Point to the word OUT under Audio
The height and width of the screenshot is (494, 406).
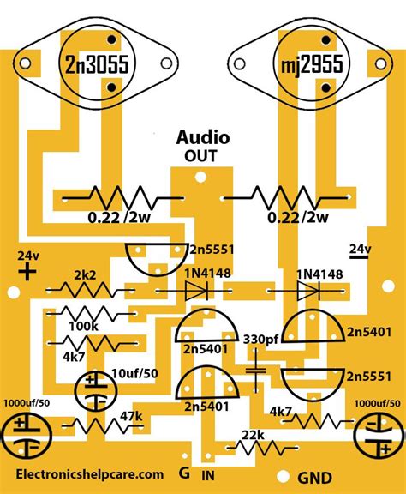(x=200, y=156)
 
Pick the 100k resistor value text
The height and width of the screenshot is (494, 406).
(x=82, y=327)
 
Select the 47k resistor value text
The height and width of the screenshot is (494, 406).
(x=130, y=415)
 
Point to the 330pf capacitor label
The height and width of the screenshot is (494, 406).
(x=260, y=340)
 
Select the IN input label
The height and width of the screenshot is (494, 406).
(x=209, y=474)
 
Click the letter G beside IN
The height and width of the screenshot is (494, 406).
(x=183, y=473)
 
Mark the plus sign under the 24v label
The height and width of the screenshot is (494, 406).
(x=27, y=273)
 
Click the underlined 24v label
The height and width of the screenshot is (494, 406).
(x=360, y=250)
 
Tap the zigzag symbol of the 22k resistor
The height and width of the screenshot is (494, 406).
(x=255, y=448)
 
